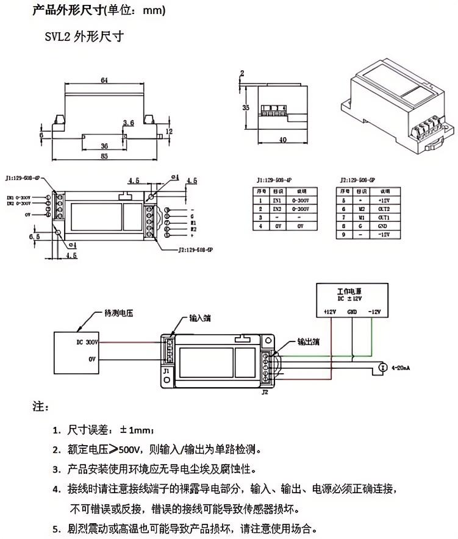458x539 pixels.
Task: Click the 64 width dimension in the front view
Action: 104,80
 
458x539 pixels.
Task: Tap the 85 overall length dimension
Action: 104,156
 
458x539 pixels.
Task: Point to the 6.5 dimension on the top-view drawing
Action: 35,235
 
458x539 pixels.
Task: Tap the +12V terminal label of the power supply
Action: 329,312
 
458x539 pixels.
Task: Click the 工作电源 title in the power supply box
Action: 350,290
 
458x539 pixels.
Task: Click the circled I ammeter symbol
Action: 382,368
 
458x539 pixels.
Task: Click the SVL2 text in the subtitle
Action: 57,37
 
